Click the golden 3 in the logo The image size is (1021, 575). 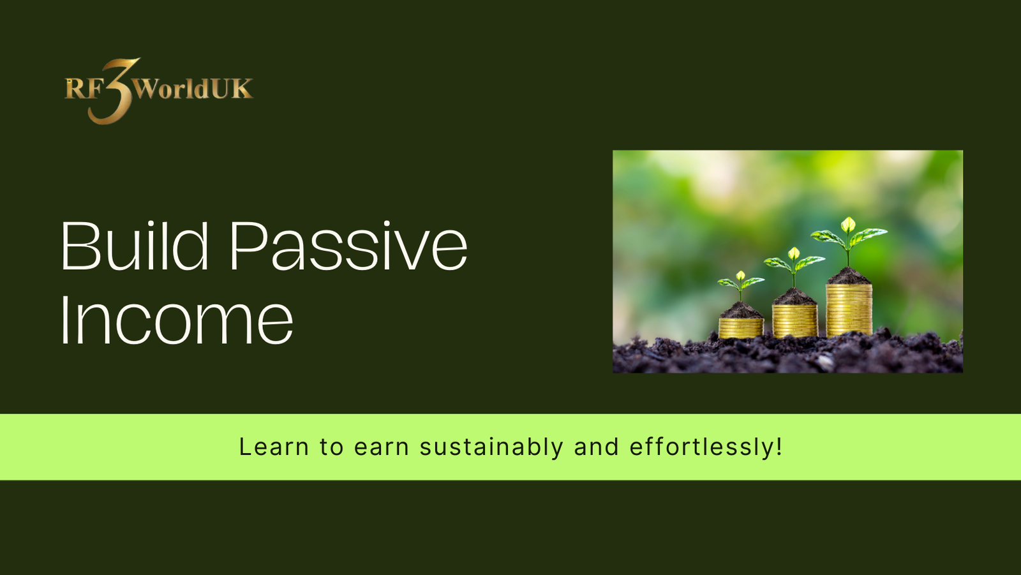(112, 91)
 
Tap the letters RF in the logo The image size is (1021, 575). (84, 89)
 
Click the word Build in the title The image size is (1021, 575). (135, 246)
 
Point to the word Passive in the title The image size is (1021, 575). (349, 246)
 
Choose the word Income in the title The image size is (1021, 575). (177, 320)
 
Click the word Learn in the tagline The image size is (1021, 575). (274, 447)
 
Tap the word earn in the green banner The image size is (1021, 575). (382, 447)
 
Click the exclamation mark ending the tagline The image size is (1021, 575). (779, 447)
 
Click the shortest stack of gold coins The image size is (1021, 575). (741, 328)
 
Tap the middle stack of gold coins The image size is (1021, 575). (794, 321)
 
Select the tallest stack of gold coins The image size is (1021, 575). (849, 310)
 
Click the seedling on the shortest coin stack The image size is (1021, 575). (741, 287)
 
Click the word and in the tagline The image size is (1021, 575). (596, 447)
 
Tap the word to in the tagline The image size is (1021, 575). (331, 447)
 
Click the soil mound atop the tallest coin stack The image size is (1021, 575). (849, 276)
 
